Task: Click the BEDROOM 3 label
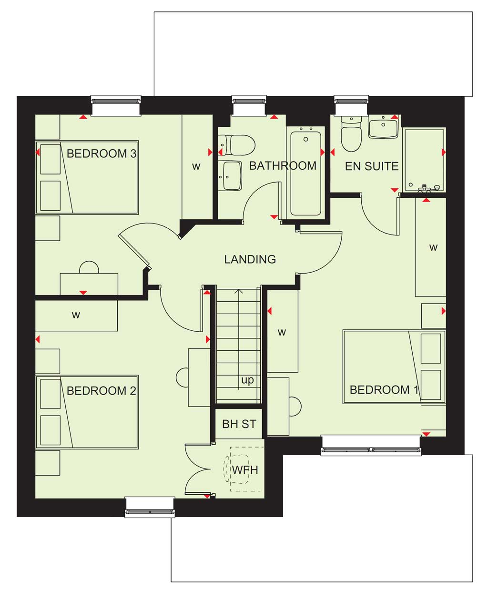click(x=102, y=153)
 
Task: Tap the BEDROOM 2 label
click(x=102, y=391)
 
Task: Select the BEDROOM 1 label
click(x=384, y=390)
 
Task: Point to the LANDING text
click(x=250, y=259)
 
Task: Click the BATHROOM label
click(x=283, y=166)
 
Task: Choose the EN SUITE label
click(x=372, y=166)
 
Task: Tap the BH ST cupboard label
click(x=239, y=424)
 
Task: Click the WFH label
click(x=245, y=470)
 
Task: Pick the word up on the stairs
click(x=247, y=380)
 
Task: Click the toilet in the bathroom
click(x=237, y=145)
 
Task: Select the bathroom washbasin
click(x=231, y=176)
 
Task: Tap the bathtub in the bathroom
click(x=305, y=173)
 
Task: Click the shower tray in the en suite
click(x=424, y=161)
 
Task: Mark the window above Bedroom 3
click(x=116, y=105)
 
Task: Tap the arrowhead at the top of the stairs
click(x=239, y=291)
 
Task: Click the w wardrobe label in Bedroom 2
click(x=76, y=315)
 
